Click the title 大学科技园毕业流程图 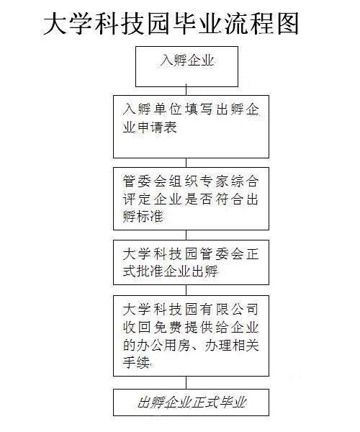click(171, 24)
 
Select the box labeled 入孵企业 click(186, 66)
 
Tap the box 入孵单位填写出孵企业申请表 click(191, 127)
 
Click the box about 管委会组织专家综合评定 click(191, 199)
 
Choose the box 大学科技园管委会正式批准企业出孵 click(191, 262)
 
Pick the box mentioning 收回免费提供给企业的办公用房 click(191, 336)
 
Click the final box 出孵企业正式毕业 click(191, 402)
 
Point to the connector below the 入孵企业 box click(186, 90)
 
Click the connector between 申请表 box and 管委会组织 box click(186, 163)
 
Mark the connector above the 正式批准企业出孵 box click(186, 235)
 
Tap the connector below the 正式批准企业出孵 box click(186, 290)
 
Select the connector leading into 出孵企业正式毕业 click(186, 383)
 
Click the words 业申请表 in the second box click(150, 127)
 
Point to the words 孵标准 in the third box click(143, 217)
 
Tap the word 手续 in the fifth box click(136, 362)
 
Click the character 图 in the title click(288, 24)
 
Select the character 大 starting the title click(55, 24)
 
